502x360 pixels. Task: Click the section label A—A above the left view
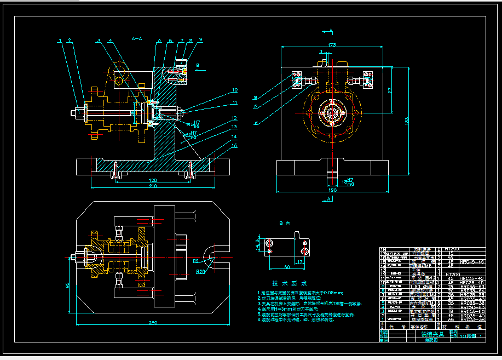(137, 39)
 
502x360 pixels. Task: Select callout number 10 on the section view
(234, 90)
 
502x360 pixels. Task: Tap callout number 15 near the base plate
(234, 145)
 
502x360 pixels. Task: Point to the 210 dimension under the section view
(153, 186)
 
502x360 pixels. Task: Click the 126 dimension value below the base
(153, 179)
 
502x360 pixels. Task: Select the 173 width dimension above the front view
(331, 44)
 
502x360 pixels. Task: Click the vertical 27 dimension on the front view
(390, 92)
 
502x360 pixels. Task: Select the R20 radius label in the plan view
(201, 271)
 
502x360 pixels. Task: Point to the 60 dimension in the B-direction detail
(286, 267)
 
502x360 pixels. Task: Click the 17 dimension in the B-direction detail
(300, 261)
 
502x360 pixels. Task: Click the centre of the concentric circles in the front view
(332, 113)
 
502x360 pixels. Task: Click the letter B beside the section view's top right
(198, 66)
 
